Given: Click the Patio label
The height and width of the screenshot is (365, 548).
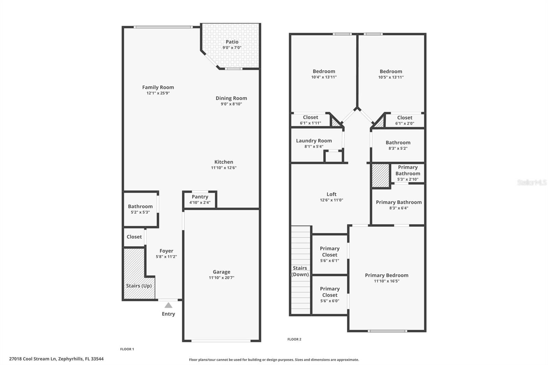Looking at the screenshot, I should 232,42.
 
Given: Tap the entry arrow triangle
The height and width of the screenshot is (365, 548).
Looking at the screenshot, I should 168,305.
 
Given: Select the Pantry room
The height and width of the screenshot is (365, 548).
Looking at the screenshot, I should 200,199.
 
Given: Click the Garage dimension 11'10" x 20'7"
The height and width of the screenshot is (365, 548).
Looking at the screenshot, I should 222,278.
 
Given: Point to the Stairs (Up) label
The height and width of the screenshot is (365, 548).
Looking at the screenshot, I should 139,286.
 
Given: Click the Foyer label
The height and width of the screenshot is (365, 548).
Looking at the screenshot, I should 166,251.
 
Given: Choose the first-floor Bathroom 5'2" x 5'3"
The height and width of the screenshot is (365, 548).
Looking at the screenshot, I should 140,209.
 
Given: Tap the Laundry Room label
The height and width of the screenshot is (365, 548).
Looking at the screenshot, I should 314,141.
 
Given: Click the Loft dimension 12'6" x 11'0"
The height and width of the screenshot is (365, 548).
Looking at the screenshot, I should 331,200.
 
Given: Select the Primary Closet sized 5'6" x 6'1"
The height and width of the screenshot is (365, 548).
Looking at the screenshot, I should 329,254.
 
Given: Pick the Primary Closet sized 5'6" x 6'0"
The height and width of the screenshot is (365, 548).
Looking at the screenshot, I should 329,294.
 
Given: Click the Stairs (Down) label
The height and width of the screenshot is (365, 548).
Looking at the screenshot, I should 300,271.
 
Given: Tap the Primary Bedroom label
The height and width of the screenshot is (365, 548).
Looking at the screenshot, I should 386,275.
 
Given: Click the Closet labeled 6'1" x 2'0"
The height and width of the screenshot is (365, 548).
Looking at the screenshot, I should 404,120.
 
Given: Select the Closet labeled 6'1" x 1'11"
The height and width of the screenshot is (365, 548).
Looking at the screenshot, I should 310,120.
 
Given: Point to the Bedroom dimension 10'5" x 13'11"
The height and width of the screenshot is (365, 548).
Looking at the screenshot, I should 391,77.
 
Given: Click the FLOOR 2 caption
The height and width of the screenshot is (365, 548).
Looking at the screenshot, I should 294,339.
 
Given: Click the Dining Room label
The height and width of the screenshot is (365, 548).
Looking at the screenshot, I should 231,98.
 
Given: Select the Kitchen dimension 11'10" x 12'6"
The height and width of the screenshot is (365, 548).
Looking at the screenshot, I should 224,168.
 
